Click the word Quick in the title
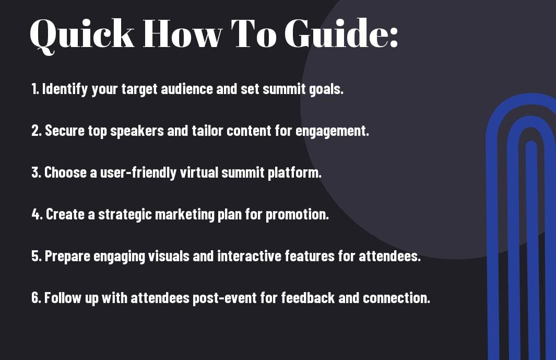[82, 35]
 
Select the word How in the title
[183, 33]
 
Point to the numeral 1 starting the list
[34, 89]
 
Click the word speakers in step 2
[137, 131]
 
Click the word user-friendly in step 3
[138, 173]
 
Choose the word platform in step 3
[294, 173]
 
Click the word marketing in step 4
[184, 215]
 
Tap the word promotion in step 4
[297, 215]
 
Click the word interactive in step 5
[249, 256]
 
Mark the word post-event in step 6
[224, 298]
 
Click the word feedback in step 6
[308, 297]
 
